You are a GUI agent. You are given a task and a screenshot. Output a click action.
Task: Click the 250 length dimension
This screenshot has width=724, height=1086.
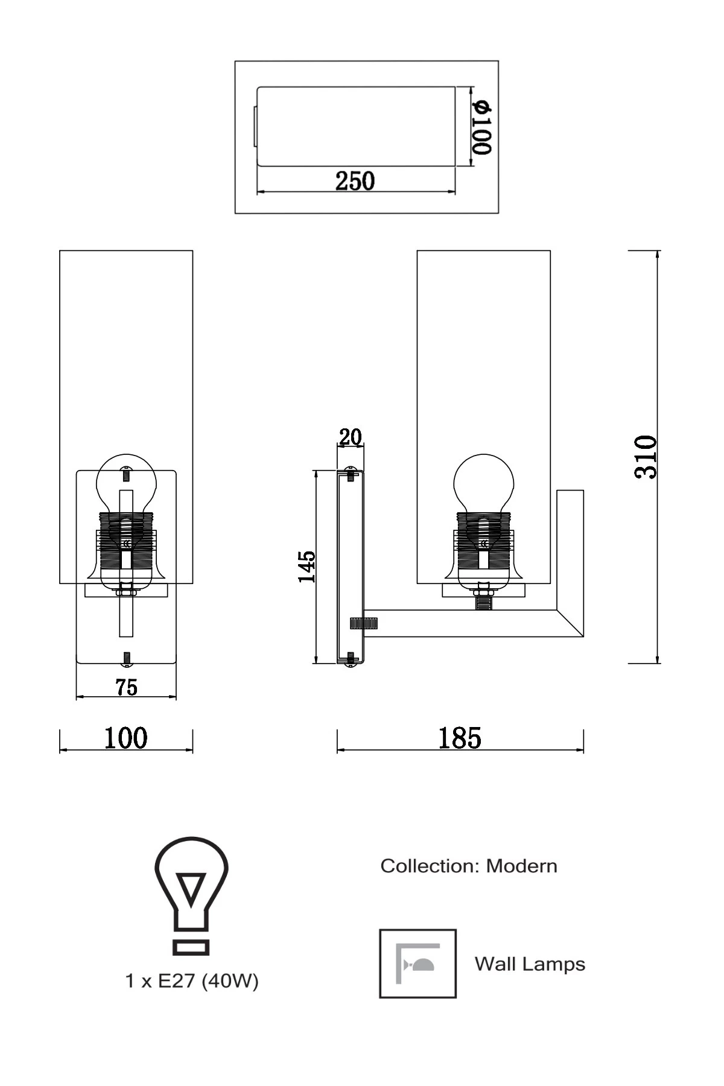click(355, 181)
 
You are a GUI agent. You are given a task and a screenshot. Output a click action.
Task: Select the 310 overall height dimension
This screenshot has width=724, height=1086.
click(646, 457)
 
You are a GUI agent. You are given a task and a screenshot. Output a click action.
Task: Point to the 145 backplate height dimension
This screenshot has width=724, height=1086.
click(306, 566)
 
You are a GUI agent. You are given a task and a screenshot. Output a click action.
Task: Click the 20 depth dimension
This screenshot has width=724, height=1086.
click(350, 437)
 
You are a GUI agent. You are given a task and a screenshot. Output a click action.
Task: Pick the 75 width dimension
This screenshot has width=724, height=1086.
click(127, 687)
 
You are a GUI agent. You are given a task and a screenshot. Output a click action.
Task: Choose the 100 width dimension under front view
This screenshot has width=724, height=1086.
click(125, 738)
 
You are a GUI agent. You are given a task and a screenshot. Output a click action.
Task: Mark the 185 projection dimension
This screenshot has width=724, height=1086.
click(460, 738)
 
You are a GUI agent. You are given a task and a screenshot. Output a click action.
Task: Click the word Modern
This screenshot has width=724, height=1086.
click(522, 866)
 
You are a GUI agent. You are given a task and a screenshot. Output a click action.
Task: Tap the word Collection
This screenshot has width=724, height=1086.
click(430, 866)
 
